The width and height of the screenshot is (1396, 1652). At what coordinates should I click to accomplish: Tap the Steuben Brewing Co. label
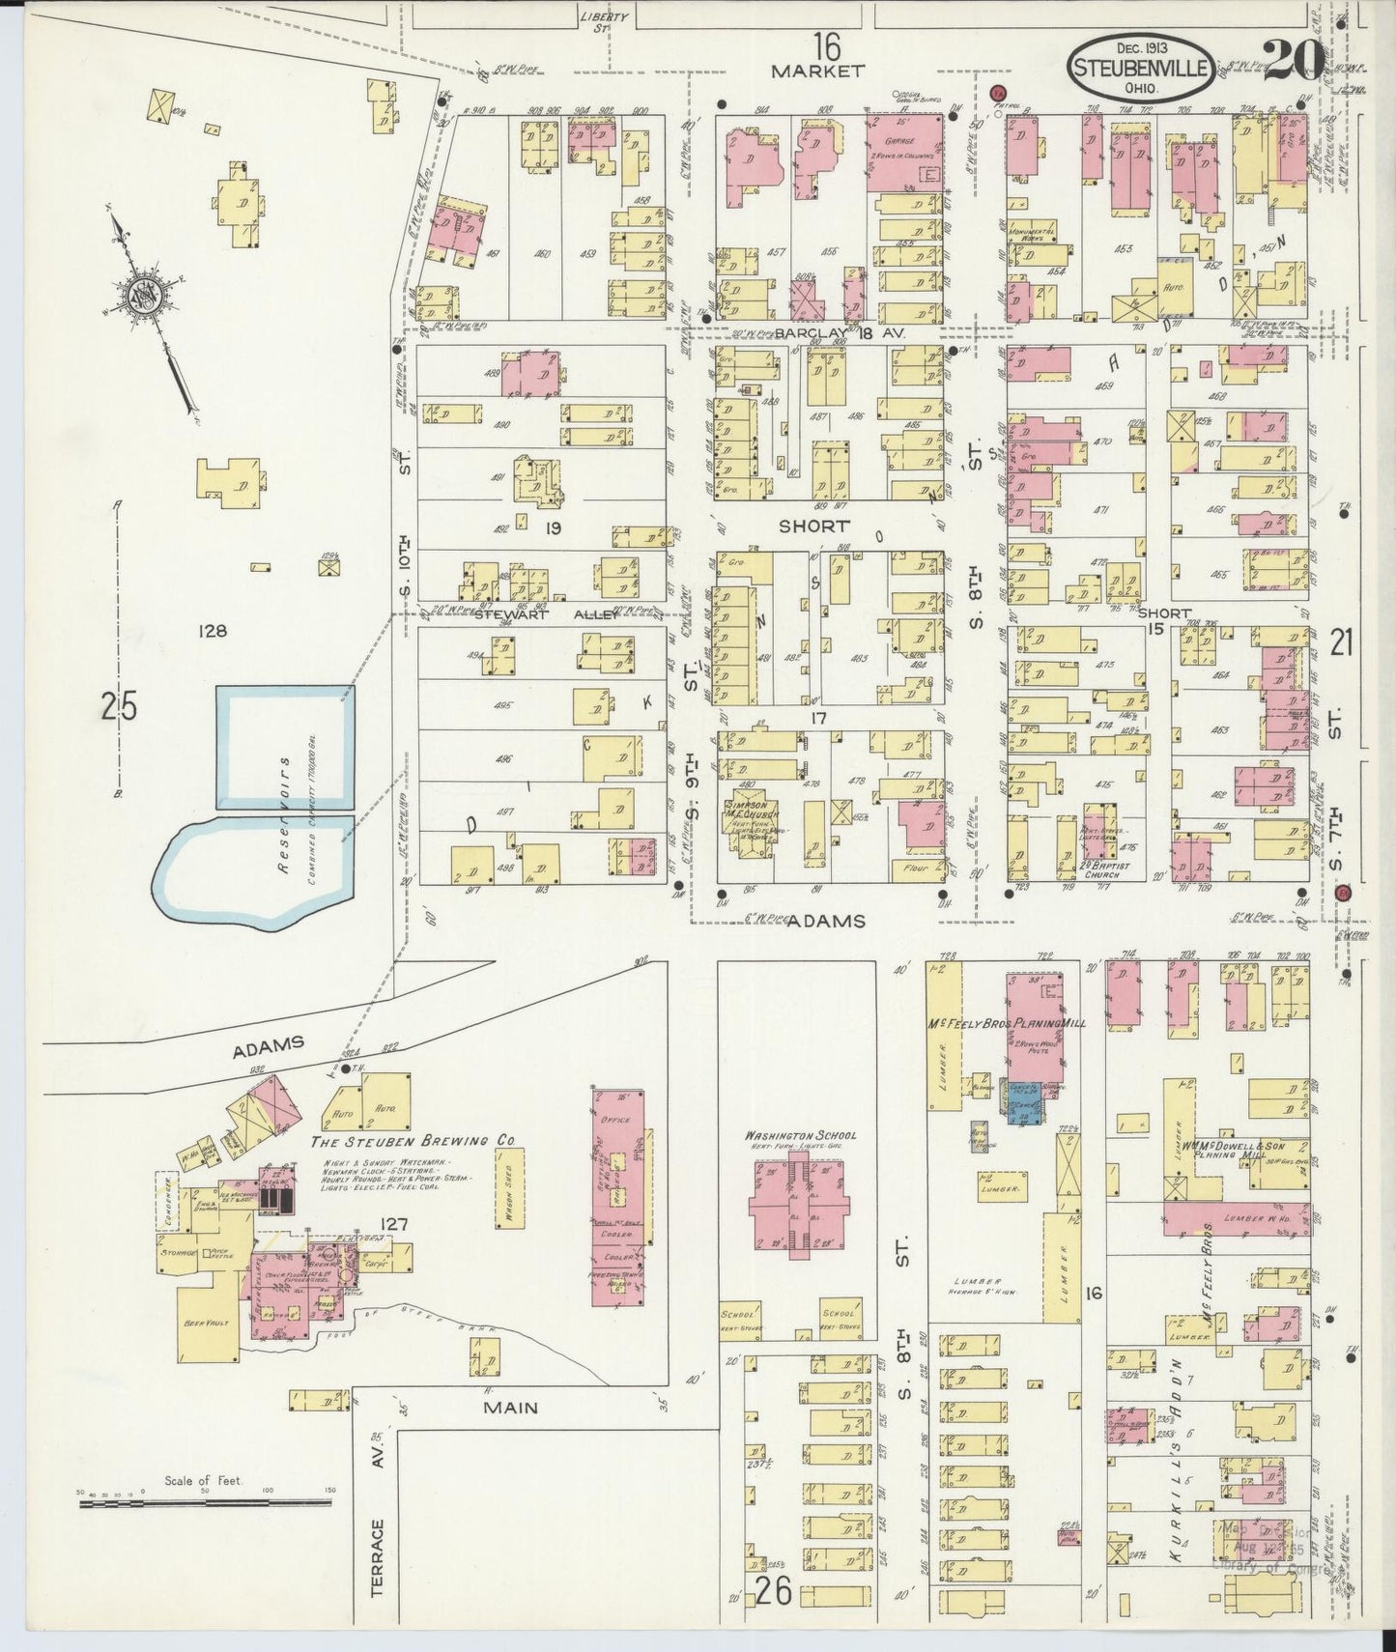pos(411,1141)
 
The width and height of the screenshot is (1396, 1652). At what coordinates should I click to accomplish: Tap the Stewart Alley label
pos(538,614)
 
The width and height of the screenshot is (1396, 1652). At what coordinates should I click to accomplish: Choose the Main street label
pos(510,1408)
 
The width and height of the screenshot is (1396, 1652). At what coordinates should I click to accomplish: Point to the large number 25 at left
pos(118,707)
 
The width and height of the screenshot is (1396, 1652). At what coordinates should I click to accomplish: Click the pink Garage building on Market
pos(904,155)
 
